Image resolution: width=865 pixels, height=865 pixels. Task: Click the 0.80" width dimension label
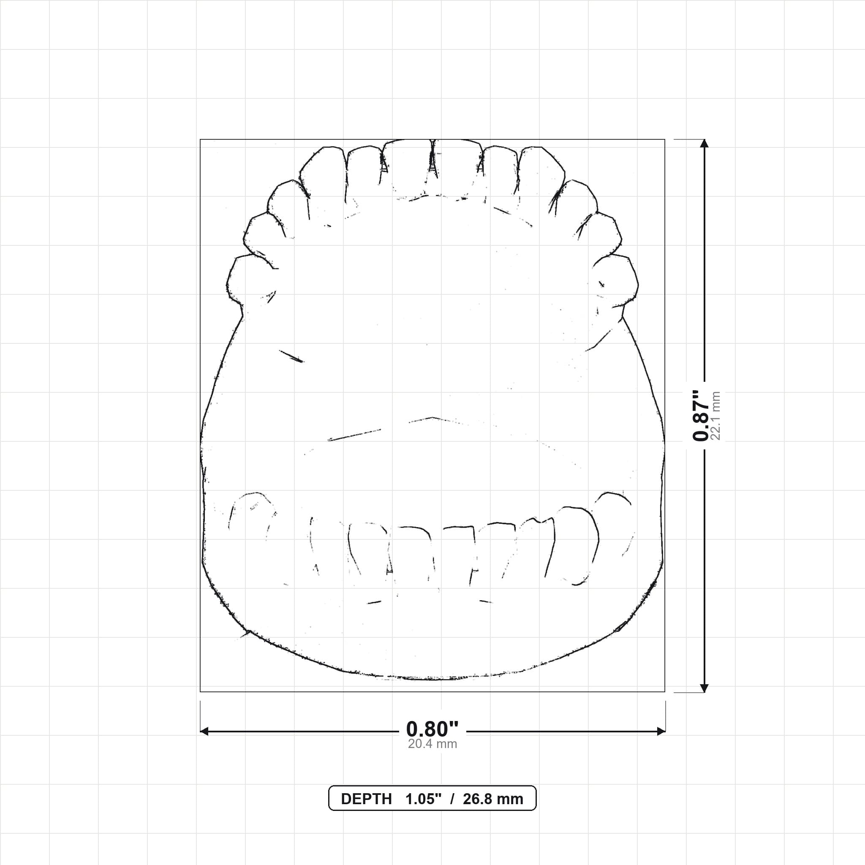(432, 729)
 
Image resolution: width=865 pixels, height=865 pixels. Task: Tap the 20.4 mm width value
(432, 744)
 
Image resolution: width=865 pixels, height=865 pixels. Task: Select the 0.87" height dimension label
(701, 416)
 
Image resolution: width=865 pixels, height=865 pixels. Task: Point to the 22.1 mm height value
(715, 416)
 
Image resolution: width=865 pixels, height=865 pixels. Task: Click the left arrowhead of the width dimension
(204, 732)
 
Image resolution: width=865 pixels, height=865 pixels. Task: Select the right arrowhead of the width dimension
(661, 732)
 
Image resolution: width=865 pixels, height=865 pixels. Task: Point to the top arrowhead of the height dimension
(704, 143)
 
